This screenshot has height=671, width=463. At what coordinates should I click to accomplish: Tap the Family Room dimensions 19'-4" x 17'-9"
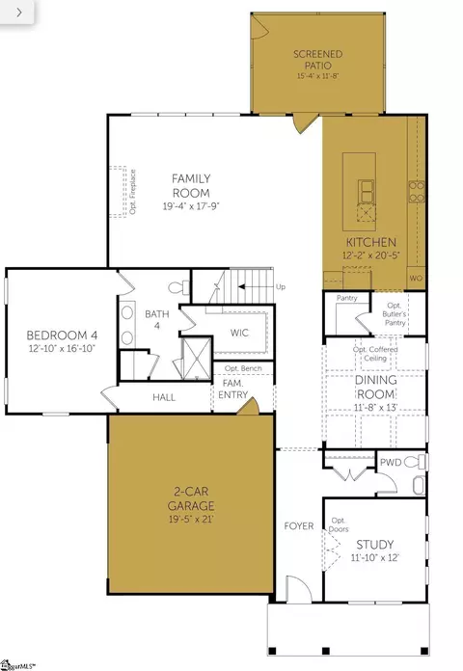191,205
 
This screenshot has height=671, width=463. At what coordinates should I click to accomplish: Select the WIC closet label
240,333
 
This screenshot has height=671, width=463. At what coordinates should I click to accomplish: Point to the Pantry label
346,299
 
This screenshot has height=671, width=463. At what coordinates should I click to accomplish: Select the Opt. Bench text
243,369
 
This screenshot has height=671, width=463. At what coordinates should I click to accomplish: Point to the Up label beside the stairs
281,287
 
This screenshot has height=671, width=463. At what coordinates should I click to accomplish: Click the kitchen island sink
368,187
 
